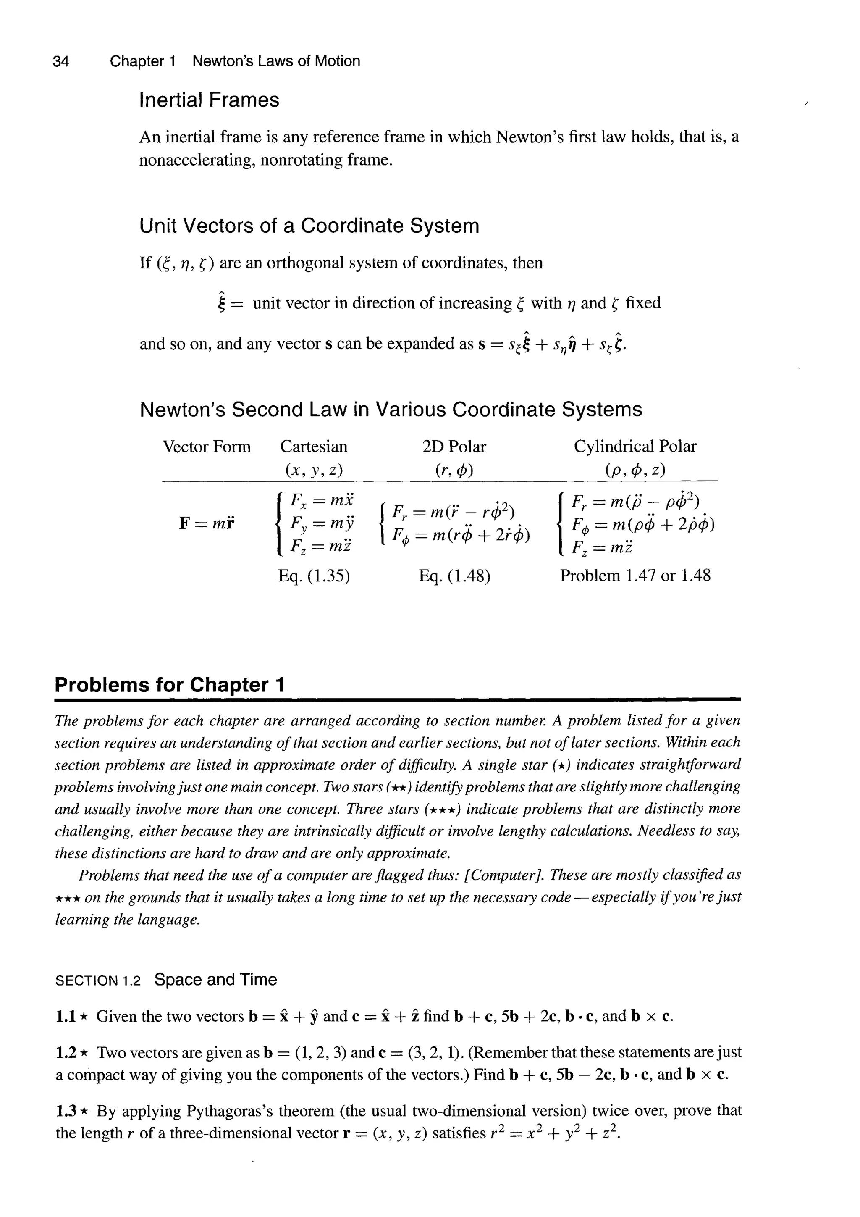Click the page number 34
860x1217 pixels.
point(61,61)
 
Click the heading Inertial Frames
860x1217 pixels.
point(209,100)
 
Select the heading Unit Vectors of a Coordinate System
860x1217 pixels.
point(309,226)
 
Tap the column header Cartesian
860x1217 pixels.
point(314,447)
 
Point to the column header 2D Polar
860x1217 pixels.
point(454,447)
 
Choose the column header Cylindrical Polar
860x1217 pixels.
point(635,447)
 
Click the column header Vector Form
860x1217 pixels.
point(207,447)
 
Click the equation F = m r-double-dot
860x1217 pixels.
point(207,524)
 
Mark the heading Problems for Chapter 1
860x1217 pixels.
point(170,685)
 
